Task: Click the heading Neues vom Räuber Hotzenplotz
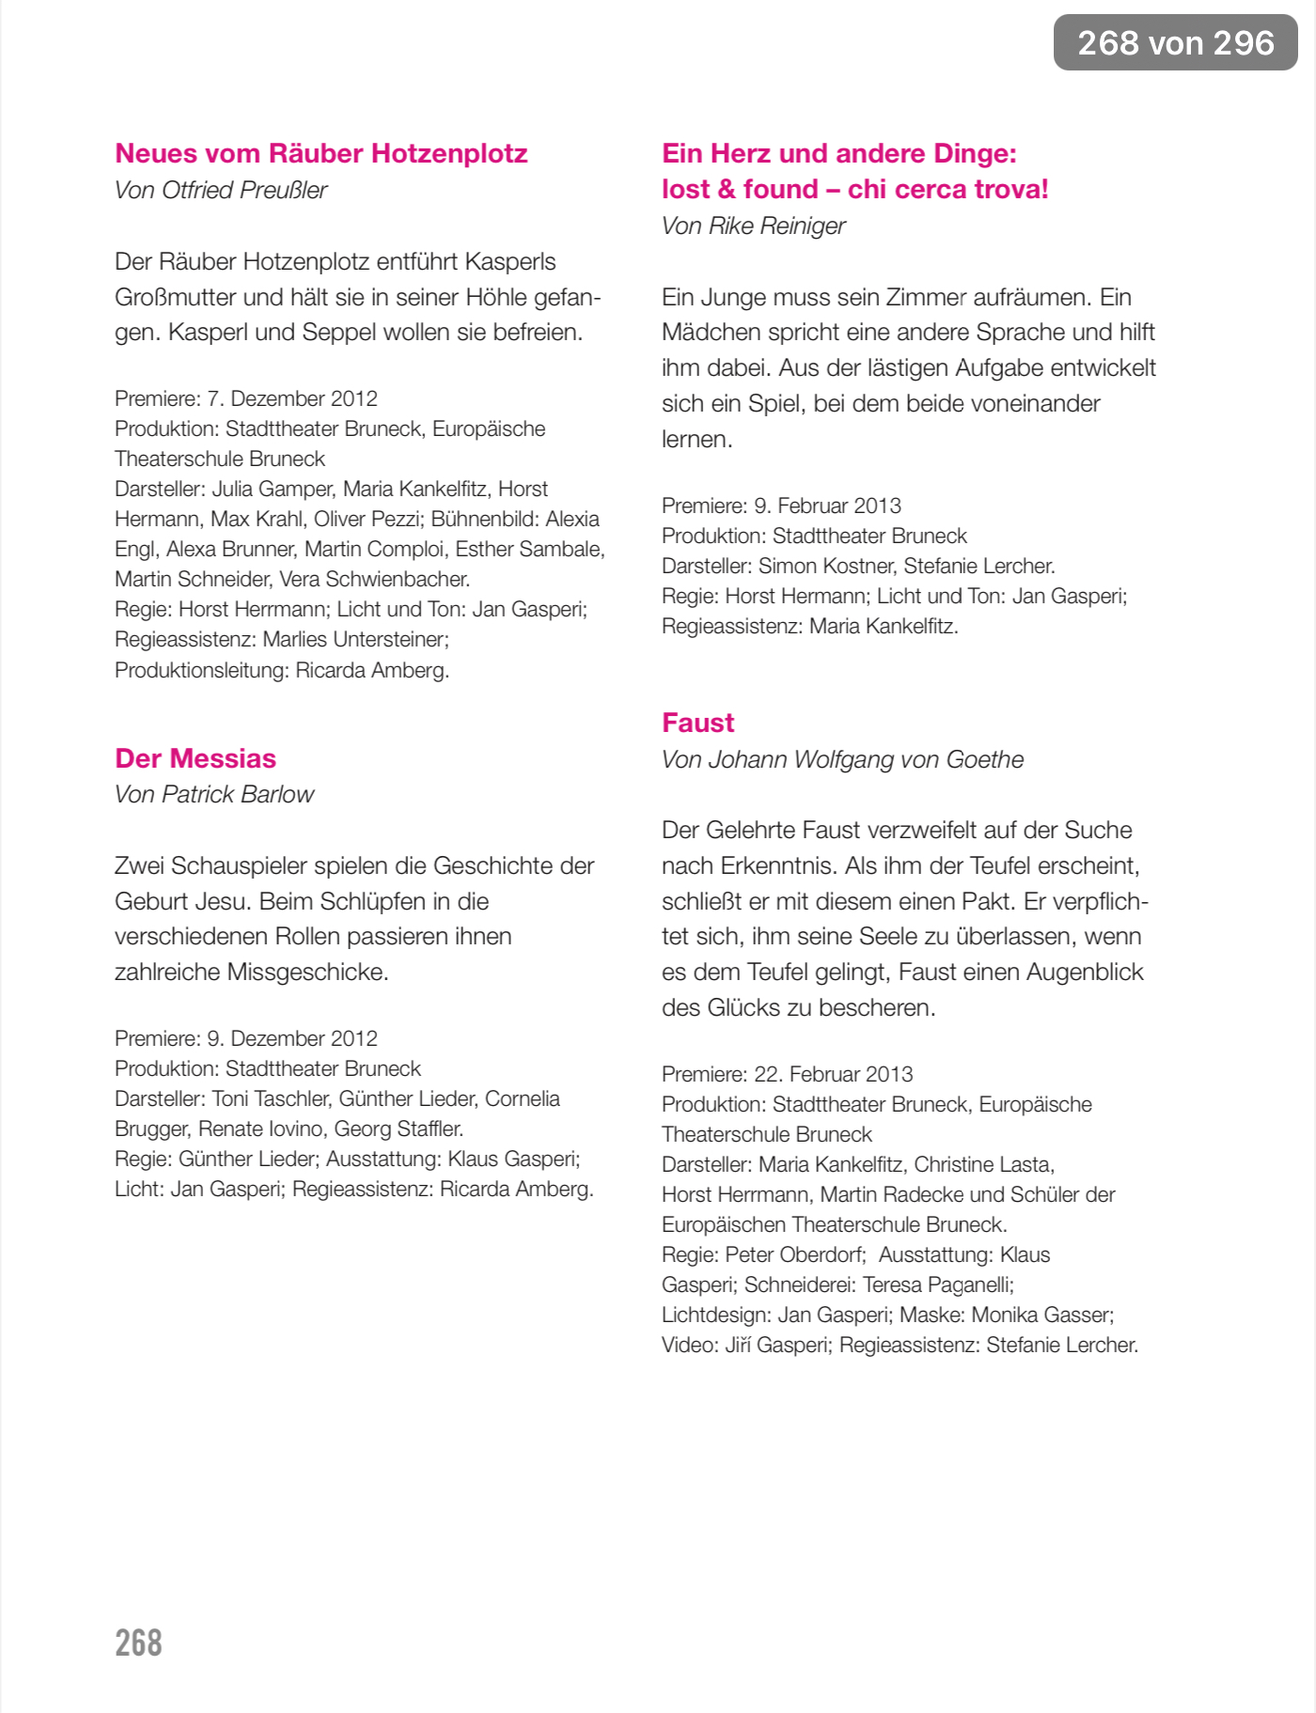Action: click(x=321, y=153)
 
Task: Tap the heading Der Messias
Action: click(x=196, y=758)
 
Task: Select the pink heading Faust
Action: click(x=697, y=723)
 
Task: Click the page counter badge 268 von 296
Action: click(x=1175, y=42)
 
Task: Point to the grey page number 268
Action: click(x=138, y=1643)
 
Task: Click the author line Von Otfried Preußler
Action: click(x=221, y=190)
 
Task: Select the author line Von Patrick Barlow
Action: click(x=214, y=794)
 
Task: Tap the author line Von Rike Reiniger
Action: click(x=753, y=226)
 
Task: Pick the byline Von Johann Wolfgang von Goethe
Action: click(x=842, y=759)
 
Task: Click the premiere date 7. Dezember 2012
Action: click(x=292, y=398)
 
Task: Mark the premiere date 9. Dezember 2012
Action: click(x=292, y=1038)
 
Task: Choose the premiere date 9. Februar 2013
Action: click(x=827, y=506)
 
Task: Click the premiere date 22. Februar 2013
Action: click(x=834, y=1074)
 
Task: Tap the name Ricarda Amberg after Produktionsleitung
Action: click(x=372, y=670)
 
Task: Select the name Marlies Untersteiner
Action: click(x=355, y=640)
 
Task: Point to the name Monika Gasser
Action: click(x=1042, y=1315)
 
